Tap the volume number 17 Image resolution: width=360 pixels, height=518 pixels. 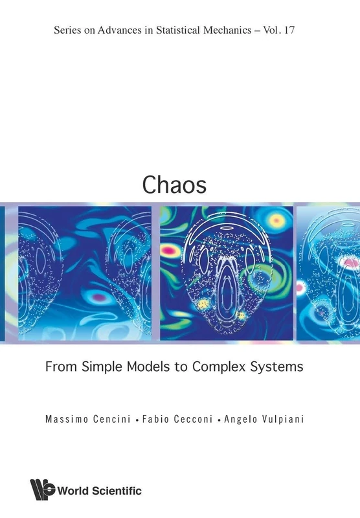click(298, 30)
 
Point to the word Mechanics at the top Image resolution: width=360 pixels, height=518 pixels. click(233, 30)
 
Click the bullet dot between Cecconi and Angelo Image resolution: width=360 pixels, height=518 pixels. click(221, 420)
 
